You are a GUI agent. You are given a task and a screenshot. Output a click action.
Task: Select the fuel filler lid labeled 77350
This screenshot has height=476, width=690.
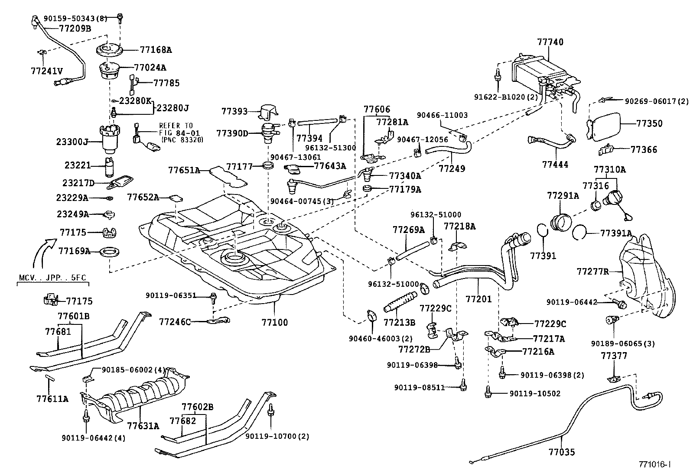click(x=605, y=126)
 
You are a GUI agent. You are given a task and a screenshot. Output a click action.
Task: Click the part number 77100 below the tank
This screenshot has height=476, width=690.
click(x=274, y=322)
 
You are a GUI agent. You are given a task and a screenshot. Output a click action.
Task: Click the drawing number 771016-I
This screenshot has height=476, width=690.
click(x=654, y=464)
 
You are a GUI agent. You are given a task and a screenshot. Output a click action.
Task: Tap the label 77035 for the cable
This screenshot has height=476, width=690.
click(x=561, y=452)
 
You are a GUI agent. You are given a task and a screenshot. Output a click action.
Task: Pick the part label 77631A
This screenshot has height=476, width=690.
click(x=143, y=425)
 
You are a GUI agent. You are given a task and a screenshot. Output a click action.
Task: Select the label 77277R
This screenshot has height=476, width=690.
click(x=592, y=272)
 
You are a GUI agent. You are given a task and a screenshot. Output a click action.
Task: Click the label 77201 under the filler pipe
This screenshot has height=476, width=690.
click(x=478, y=298)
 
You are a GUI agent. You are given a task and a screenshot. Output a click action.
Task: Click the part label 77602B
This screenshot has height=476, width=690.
click(x=197, y=407)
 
